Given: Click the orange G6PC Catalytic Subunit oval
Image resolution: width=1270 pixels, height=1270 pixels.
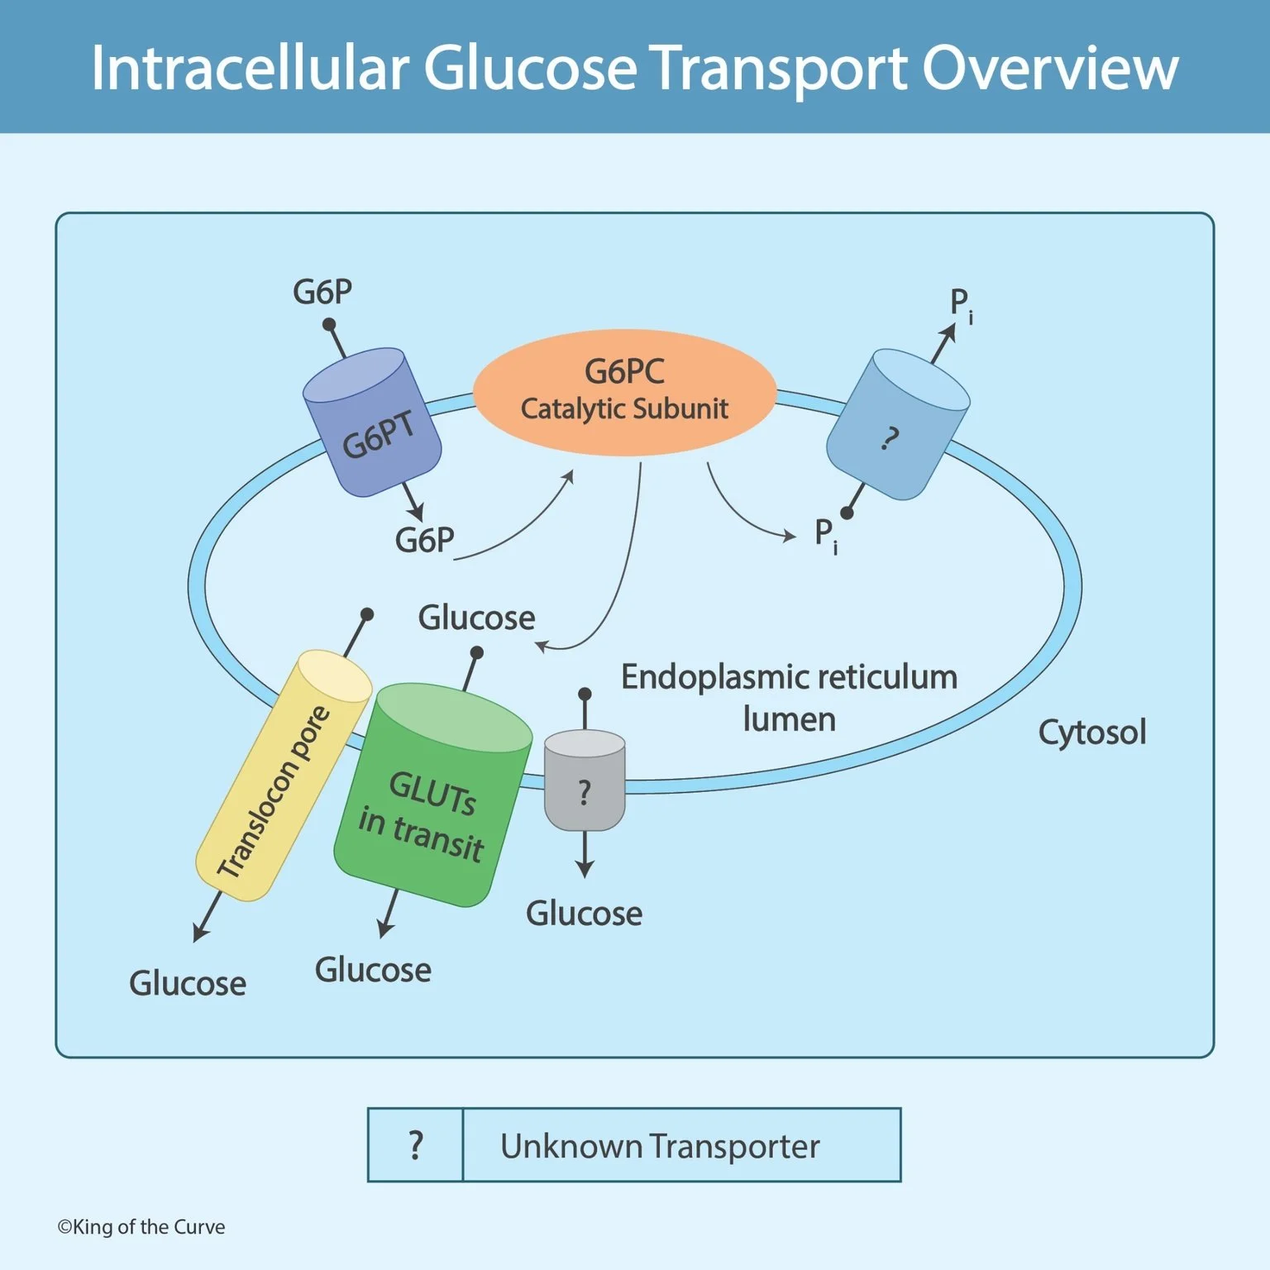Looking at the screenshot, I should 624,392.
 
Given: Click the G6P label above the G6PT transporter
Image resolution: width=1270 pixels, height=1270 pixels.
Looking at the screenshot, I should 322,292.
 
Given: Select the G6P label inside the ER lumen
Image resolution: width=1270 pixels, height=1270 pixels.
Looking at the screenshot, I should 424,540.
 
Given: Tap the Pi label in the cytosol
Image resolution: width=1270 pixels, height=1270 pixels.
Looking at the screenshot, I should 960,303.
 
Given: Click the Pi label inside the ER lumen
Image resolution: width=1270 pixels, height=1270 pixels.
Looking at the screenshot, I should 825,534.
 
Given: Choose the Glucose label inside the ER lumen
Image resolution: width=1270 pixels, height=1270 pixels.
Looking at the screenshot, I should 476,618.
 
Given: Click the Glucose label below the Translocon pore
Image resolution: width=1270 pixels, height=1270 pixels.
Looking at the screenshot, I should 188,983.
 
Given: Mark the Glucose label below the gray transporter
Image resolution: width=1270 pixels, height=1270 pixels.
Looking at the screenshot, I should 584,914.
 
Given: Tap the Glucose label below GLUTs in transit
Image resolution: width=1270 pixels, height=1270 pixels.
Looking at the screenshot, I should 373,970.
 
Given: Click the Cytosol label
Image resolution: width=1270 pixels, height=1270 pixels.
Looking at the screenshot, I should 1091,733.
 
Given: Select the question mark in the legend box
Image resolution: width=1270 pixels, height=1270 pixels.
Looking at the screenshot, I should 416,1145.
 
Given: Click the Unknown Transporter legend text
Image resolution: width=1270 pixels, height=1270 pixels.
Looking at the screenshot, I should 660,1146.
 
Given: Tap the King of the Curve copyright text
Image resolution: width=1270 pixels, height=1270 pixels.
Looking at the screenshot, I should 141,1227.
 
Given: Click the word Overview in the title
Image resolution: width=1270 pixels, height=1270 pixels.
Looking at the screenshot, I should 1049,68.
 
